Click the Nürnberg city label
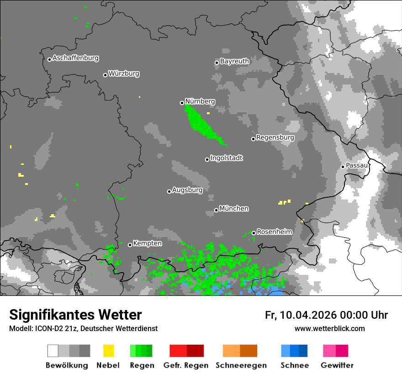[x=200, y=101]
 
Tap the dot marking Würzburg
[x=105, y=75]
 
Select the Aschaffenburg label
[x=75, y=58]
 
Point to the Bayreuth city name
[x=234, y=61]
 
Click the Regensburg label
[x=275, y=137]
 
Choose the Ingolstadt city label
[x=226, y=158]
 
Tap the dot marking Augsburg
[x=169, y=191]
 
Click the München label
[x=234, y=209]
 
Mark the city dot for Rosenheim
[x=254, y=233]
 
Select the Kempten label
[x=147, y=243]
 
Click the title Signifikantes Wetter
[x=75, y=315]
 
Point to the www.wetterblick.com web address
[x=329, y=328]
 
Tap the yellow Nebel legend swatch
[x=108, y=351]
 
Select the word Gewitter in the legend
[x=337, y=365]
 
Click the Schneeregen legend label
[x=239, y=365]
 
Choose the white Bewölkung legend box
[x=53, y=351]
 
